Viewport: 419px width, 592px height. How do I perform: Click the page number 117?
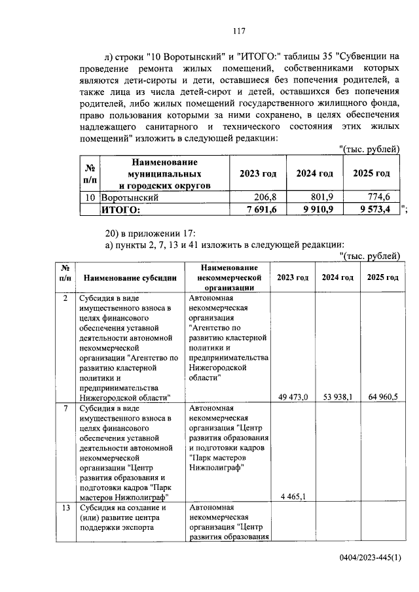238,29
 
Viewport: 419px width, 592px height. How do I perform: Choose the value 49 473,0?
293,396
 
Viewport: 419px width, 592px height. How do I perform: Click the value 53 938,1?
338,396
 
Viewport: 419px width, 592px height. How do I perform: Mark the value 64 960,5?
383,396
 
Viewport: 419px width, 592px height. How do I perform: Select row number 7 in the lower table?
65,408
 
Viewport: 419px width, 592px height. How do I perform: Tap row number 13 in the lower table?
65,508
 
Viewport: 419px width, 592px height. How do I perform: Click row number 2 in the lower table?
65,298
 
